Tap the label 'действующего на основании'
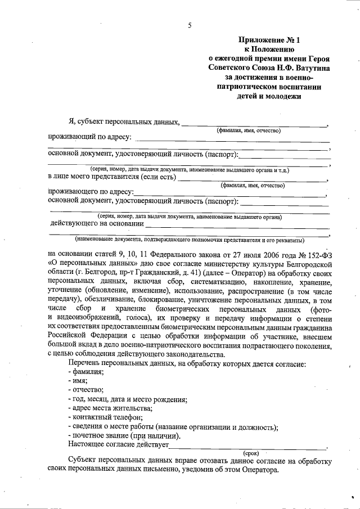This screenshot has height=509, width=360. click(96, 223)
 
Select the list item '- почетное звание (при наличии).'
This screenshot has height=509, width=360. click(124, 435)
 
